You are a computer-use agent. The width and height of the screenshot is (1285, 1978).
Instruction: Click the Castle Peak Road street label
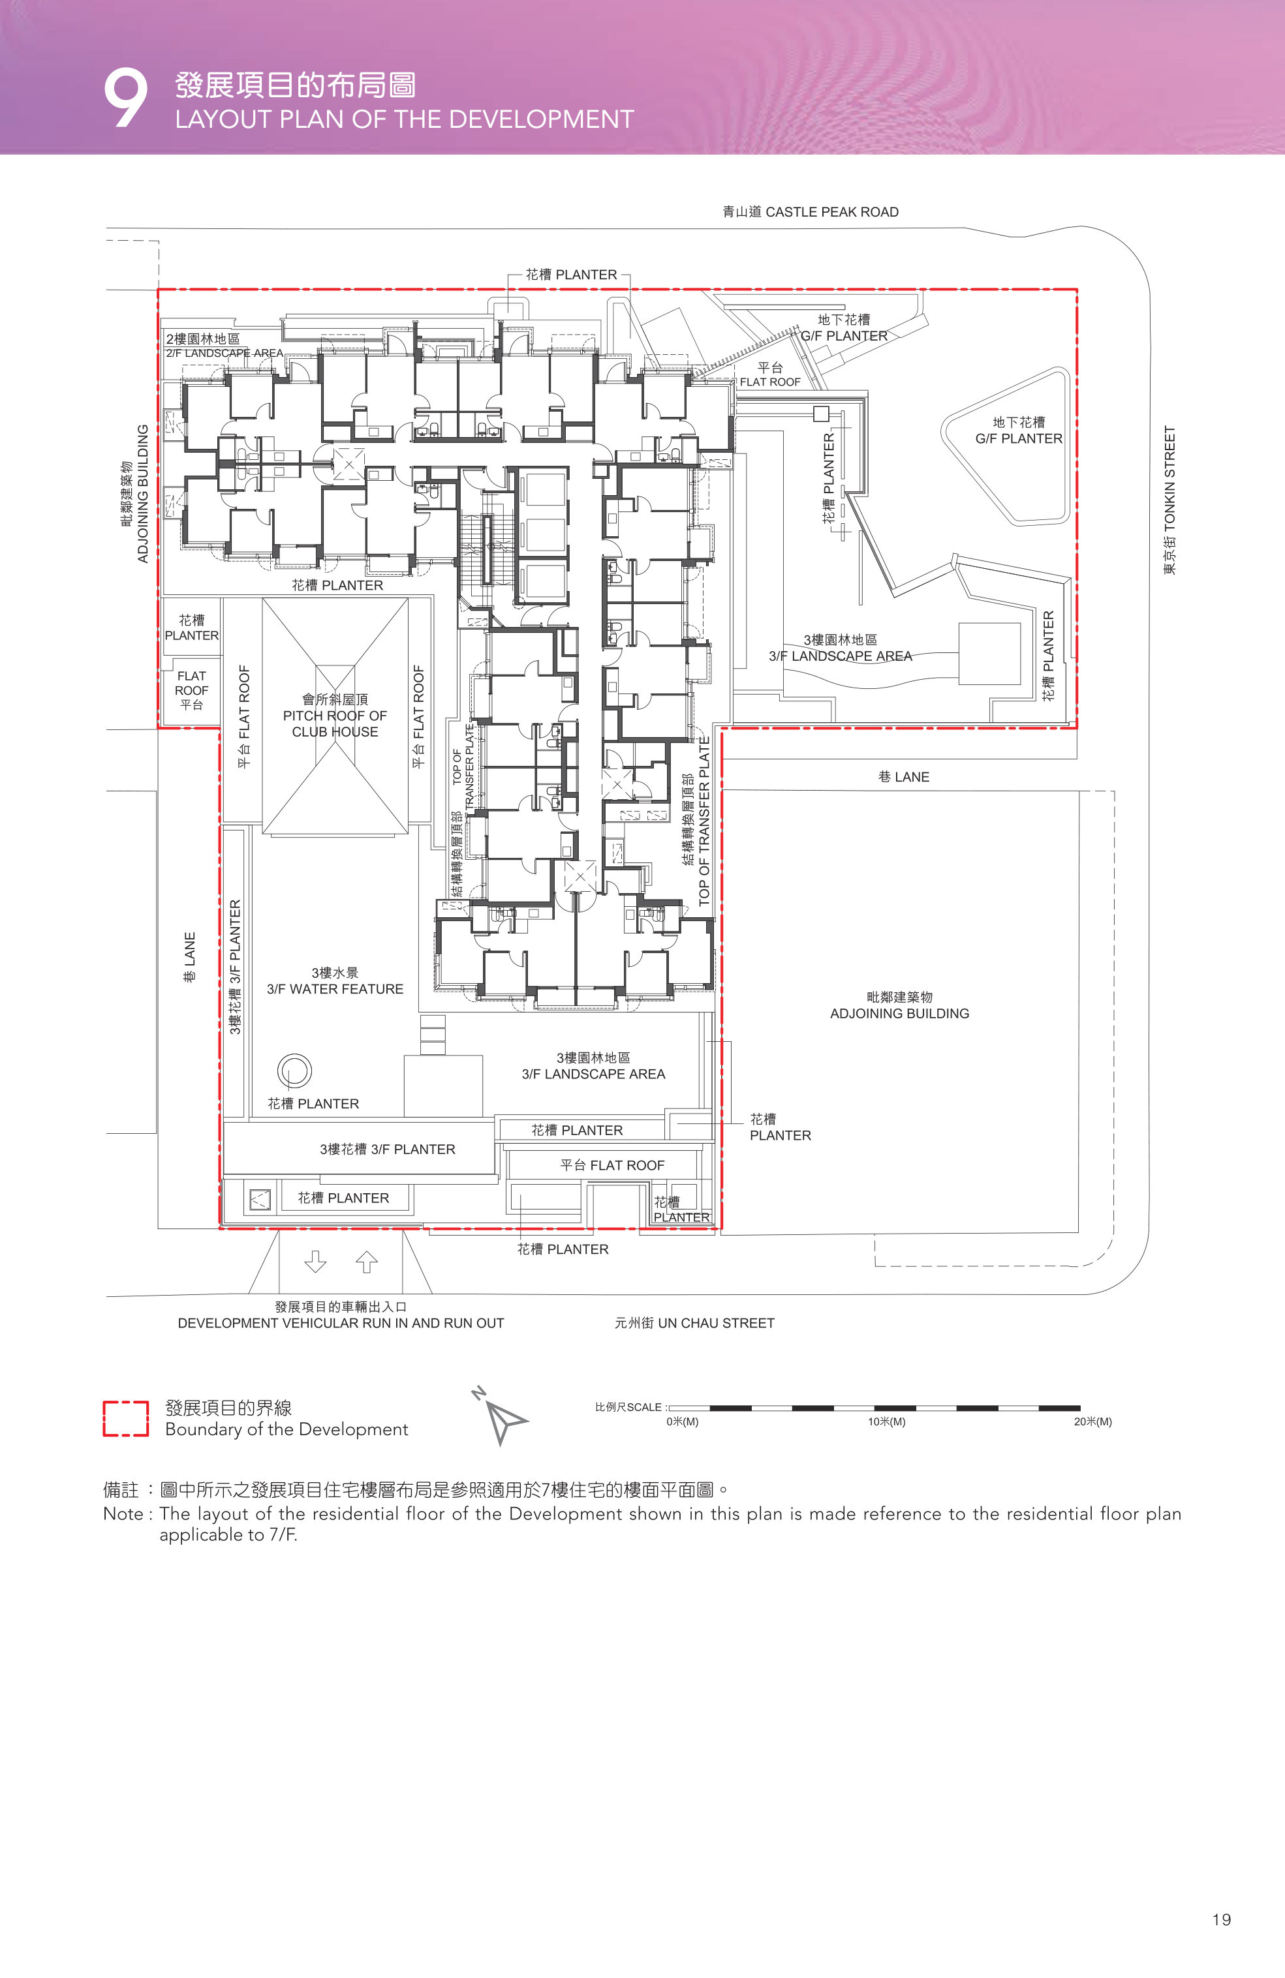pos(811,212)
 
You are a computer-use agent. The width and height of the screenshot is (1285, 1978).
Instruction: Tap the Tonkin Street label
pos(1169,500)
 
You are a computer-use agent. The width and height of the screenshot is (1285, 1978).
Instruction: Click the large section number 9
pos(125,98)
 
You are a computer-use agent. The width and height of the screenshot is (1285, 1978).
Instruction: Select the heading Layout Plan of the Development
pos(404,119)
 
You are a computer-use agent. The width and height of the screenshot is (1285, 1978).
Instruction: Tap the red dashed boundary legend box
pos(125,1419)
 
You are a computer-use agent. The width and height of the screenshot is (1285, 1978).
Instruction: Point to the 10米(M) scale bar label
pos(887,1422)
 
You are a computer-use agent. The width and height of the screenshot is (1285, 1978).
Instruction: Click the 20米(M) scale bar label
pos(1092,1422)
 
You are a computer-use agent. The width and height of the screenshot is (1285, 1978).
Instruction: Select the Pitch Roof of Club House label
pos(335,716)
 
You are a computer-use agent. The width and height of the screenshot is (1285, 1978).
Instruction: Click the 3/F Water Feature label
pos(335,981)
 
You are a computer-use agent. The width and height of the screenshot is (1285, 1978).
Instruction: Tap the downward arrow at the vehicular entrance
pos(315,1262)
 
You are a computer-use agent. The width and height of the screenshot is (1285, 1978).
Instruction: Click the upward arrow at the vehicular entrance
pos(367,1262)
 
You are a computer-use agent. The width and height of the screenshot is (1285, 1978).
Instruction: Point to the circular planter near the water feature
pos(294,1071)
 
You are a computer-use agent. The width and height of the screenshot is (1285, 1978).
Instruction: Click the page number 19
pos(1221,1920)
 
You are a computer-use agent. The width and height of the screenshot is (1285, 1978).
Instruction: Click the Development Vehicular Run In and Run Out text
pos(341,1323)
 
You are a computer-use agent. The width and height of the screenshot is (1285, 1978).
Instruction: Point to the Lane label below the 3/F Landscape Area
pos(903,777)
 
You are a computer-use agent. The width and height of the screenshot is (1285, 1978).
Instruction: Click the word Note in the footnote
pos(123,1514)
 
